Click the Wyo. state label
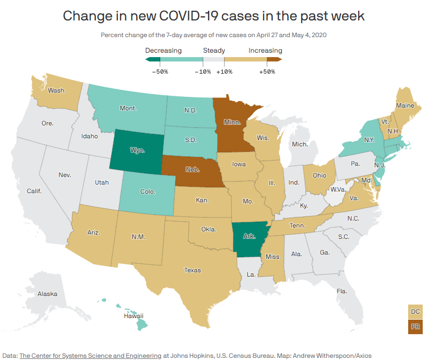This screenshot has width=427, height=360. (x=137, y=151)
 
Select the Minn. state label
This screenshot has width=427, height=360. (x=232, y=122)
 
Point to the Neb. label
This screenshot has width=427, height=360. (x=193, y=170)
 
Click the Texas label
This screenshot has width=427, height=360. (x=192, y=270)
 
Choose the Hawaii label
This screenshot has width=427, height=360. (x=134, y=316)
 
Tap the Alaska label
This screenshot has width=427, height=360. (x=47, y=294)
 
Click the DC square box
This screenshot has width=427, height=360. (x=415, y=312)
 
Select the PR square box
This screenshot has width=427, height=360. (x=415, y=327)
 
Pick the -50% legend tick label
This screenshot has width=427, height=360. (x=160, y=71)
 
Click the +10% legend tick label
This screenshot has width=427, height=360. (x=224, y=71)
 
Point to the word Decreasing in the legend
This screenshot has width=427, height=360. (x=163, y=51)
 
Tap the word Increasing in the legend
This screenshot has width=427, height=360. (x=265, y=51)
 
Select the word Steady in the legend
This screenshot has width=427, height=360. (x=213, y=51)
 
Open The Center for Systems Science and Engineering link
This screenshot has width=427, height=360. (x=90, y=356)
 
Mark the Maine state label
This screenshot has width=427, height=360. (x=405, y=105)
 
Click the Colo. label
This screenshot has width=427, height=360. (x=148, y=191)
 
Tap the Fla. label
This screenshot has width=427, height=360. (x=342, y=291)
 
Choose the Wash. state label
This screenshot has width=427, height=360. (x=57, y=90)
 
